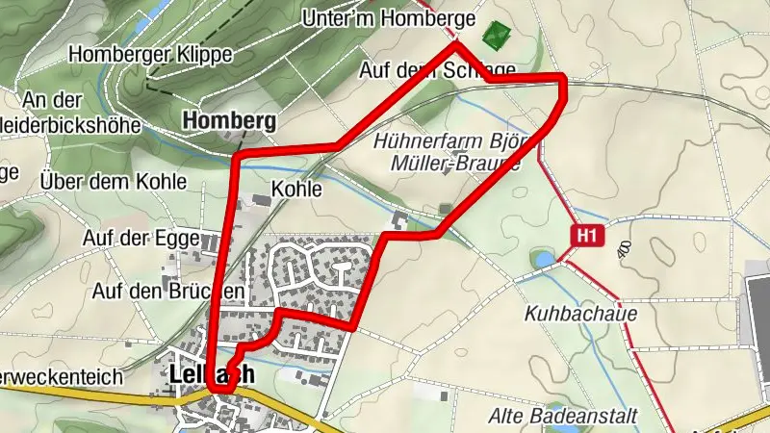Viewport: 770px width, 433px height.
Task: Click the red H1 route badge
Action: click(589, 234)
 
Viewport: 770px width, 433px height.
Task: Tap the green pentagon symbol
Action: click(495, 37)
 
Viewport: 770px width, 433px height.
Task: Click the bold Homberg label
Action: click(228, 121)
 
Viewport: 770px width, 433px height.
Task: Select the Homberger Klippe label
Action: click(151, 55)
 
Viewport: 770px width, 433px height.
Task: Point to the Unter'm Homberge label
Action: click(389, 17)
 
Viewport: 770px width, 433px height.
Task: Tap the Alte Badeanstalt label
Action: click(550, 416)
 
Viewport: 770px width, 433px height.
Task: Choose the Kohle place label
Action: click(296, 190)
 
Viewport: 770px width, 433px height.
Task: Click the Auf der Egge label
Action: click(141, 238)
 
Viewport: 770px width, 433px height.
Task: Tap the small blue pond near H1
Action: click(542, 259)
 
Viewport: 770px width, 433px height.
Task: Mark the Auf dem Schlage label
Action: click(437, 70)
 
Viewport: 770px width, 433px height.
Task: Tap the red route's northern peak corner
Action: click(456, 44)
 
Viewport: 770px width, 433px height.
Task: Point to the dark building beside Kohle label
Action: click(260, 200)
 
